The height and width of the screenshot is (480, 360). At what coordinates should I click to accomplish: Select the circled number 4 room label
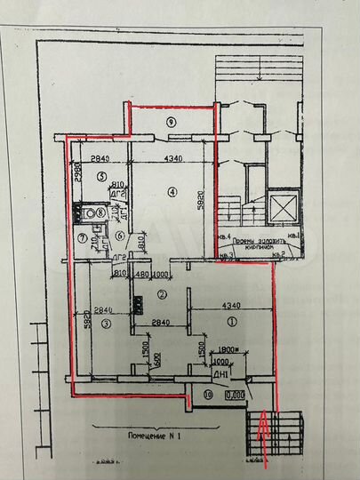tap(173, 193)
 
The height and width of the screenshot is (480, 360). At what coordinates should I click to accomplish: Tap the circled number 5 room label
tap(102, 178)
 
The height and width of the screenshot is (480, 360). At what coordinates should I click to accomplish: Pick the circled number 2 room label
tap(162, 294)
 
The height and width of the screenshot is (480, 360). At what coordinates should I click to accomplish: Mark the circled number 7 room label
tap(82, 237)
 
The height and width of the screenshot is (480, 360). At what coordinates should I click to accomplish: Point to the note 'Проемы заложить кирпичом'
tap(265, 244)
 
